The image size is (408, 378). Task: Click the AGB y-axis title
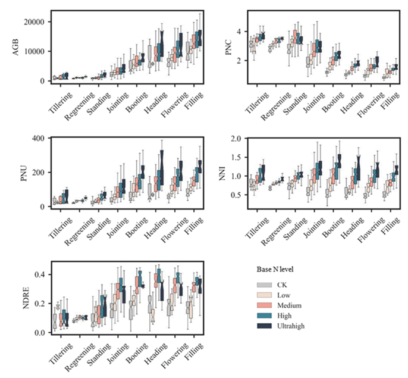tap(16, 48)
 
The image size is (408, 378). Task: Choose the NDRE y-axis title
tap(26, 298)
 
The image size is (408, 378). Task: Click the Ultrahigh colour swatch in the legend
tap(264, 326)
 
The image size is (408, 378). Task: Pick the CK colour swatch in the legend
tap(264, 285)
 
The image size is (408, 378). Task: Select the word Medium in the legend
tap(289, 305)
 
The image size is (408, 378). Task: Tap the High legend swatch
tap(264, 315)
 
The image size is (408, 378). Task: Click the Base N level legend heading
tap(275, 270)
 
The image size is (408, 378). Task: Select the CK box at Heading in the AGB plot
tap(150, 57)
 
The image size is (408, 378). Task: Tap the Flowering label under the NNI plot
tap(371, 230)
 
